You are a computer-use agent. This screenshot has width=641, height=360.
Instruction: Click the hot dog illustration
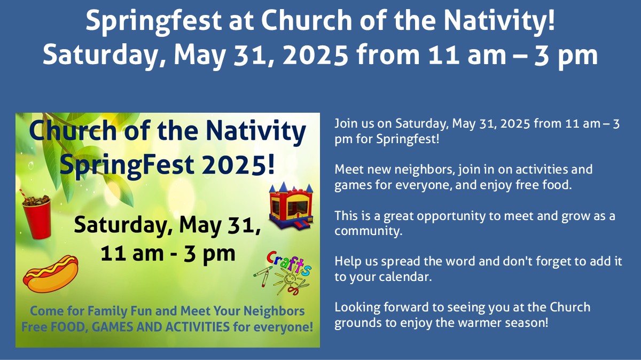51,274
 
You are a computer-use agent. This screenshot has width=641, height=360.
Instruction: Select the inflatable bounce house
291,206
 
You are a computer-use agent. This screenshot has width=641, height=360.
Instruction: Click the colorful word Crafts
289,263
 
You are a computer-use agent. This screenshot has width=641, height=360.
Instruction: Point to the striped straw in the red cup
23,194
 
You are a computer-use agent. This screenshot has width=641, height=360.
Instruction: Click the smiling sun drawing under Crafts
289,280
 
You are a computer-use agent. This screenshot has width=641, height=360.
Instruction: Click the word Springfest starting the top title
153,21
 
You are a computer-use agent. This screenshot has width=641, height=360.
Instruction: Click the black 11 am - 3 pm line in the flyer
168,254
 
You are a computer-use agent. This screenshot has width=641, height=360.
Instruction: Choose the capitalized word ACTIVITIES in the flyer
198,327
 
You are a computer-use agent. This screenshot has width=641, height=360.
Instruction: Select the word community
368,231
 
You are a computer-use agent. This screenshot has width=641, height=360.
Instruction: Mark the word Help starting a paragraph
348,262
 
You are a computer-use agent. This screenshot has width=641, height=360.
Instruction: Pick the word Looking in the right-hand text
357,308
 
